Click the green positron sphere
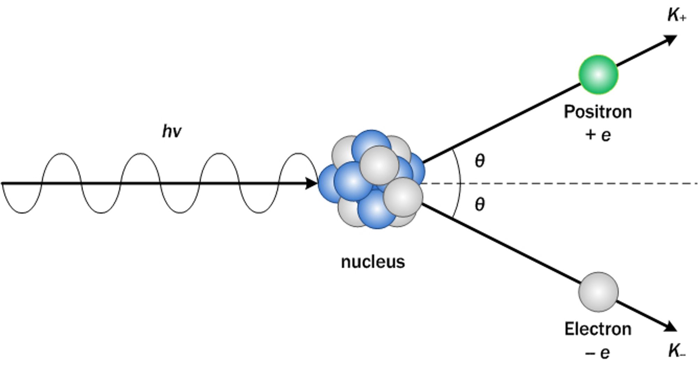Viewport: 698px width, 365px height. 598,74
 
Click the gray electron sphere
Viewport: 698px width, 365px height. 598,292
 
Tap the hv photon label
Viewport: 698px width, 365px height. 172,132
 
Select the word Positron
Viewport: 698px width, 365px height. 598,112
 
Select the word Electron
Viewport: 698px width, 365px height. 598,329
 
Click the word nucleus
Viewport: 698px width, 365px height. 373,262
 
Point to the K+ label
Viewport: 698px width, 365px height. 676,16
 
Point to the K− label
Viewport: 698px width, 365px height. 676,351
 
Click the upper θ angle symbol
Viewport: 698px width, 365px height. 480,161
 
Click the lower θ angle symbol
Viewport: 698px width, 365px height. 480,204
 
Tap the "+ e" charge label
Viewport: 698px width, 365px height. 598,135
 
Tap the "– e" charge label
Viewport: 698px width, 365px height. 598,353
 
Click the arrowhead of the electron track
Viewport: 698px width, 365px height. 671,327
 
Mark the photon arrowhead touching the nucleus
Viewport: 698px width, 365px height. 311,183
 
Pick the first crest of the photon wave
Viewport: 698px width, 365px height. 61,154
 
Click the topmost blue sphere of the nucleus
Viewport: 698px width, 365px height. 371,145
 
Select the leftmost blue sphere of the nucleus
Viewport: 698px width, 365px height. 328,184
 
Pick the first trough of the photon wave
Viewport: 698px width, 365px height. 22,212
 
